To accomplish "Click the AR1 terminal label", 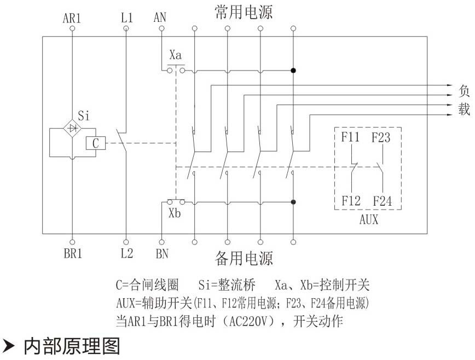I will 72,18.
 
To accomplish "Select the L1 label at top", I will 126,18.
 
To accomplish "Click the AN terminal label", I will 160,18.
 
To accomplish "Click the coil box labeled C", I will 95,143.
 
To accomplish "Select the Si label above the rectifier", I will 84,116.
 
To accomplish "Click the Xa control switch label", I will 176,55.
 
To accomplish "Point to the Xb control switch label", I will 175,213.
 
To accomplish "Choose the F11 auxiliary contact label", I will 351,137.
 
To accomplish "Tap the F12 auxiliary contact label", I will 351,201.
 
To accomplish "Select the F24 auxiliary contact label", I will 382,201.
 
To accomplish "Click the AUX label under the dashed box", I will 368,220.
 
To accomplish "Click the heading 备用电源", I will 244,258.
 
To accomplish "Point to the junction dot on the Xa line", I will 293,71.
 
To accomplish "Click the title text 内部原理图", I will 71,346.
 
